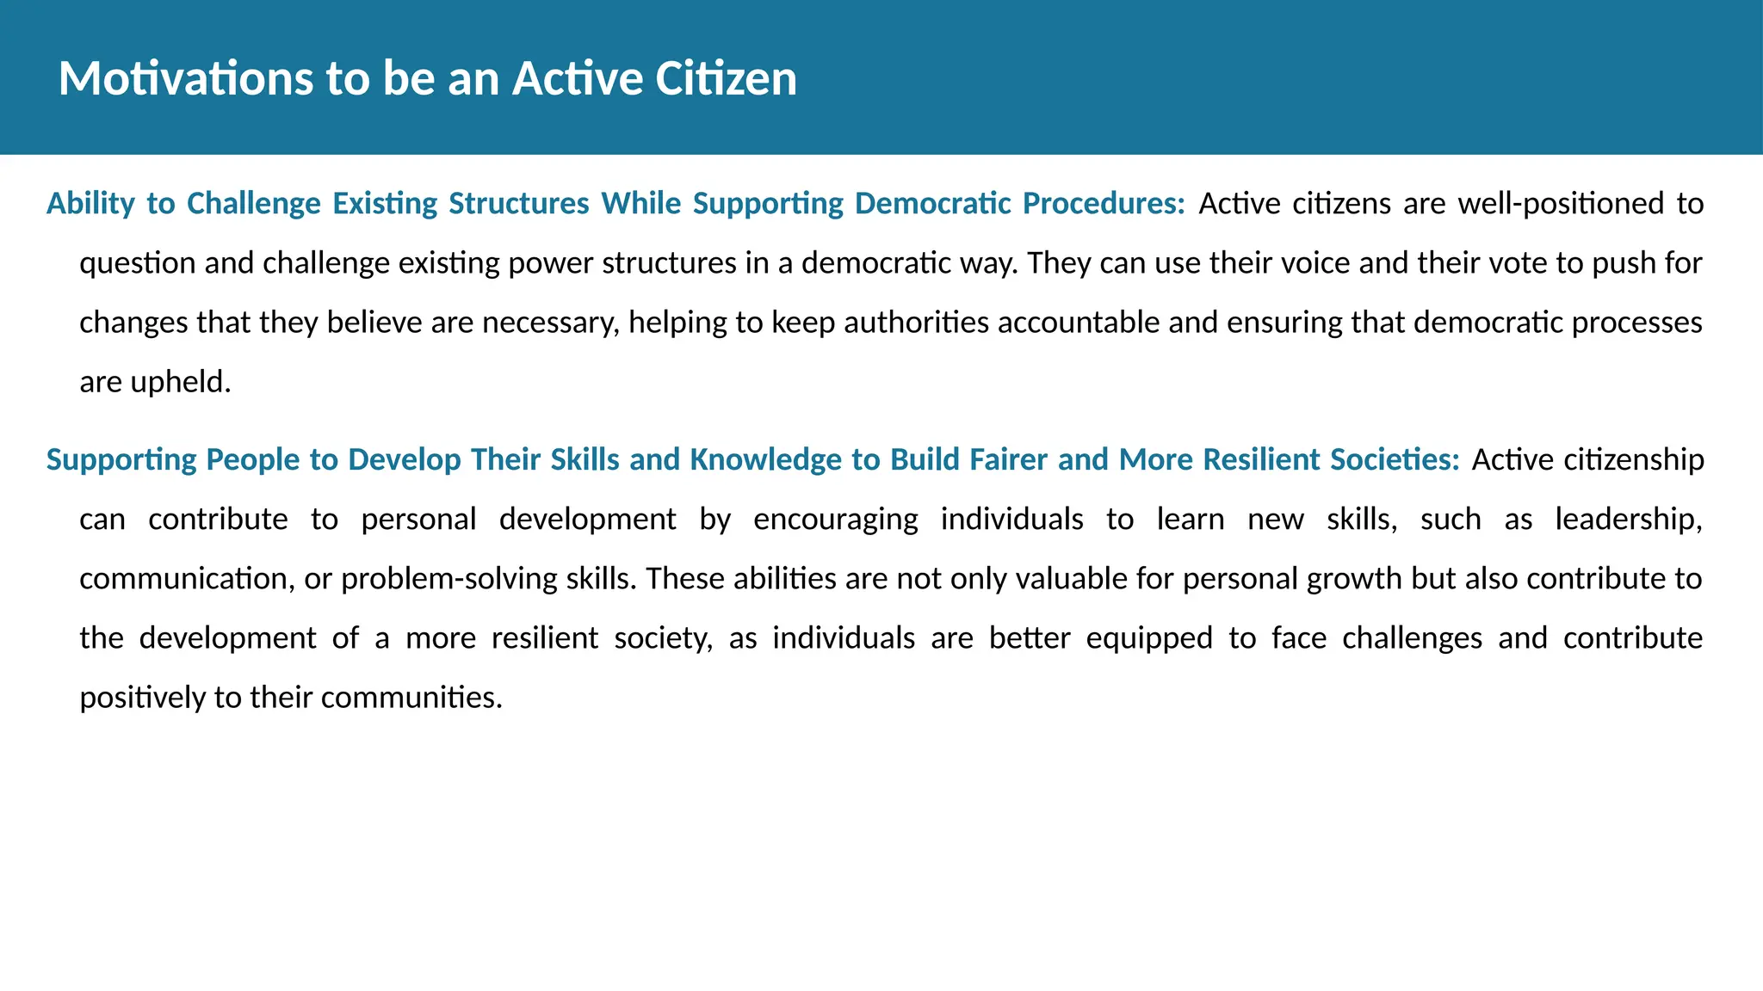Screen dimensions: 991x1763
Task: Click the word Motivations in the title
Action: (186, 78)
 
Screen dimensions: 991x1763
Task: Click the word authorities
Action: (916, 323)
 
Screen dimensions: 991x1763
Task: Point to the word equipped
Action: (1149, 638)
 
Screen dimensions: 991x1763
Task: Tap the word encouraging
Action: (836, 520)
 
